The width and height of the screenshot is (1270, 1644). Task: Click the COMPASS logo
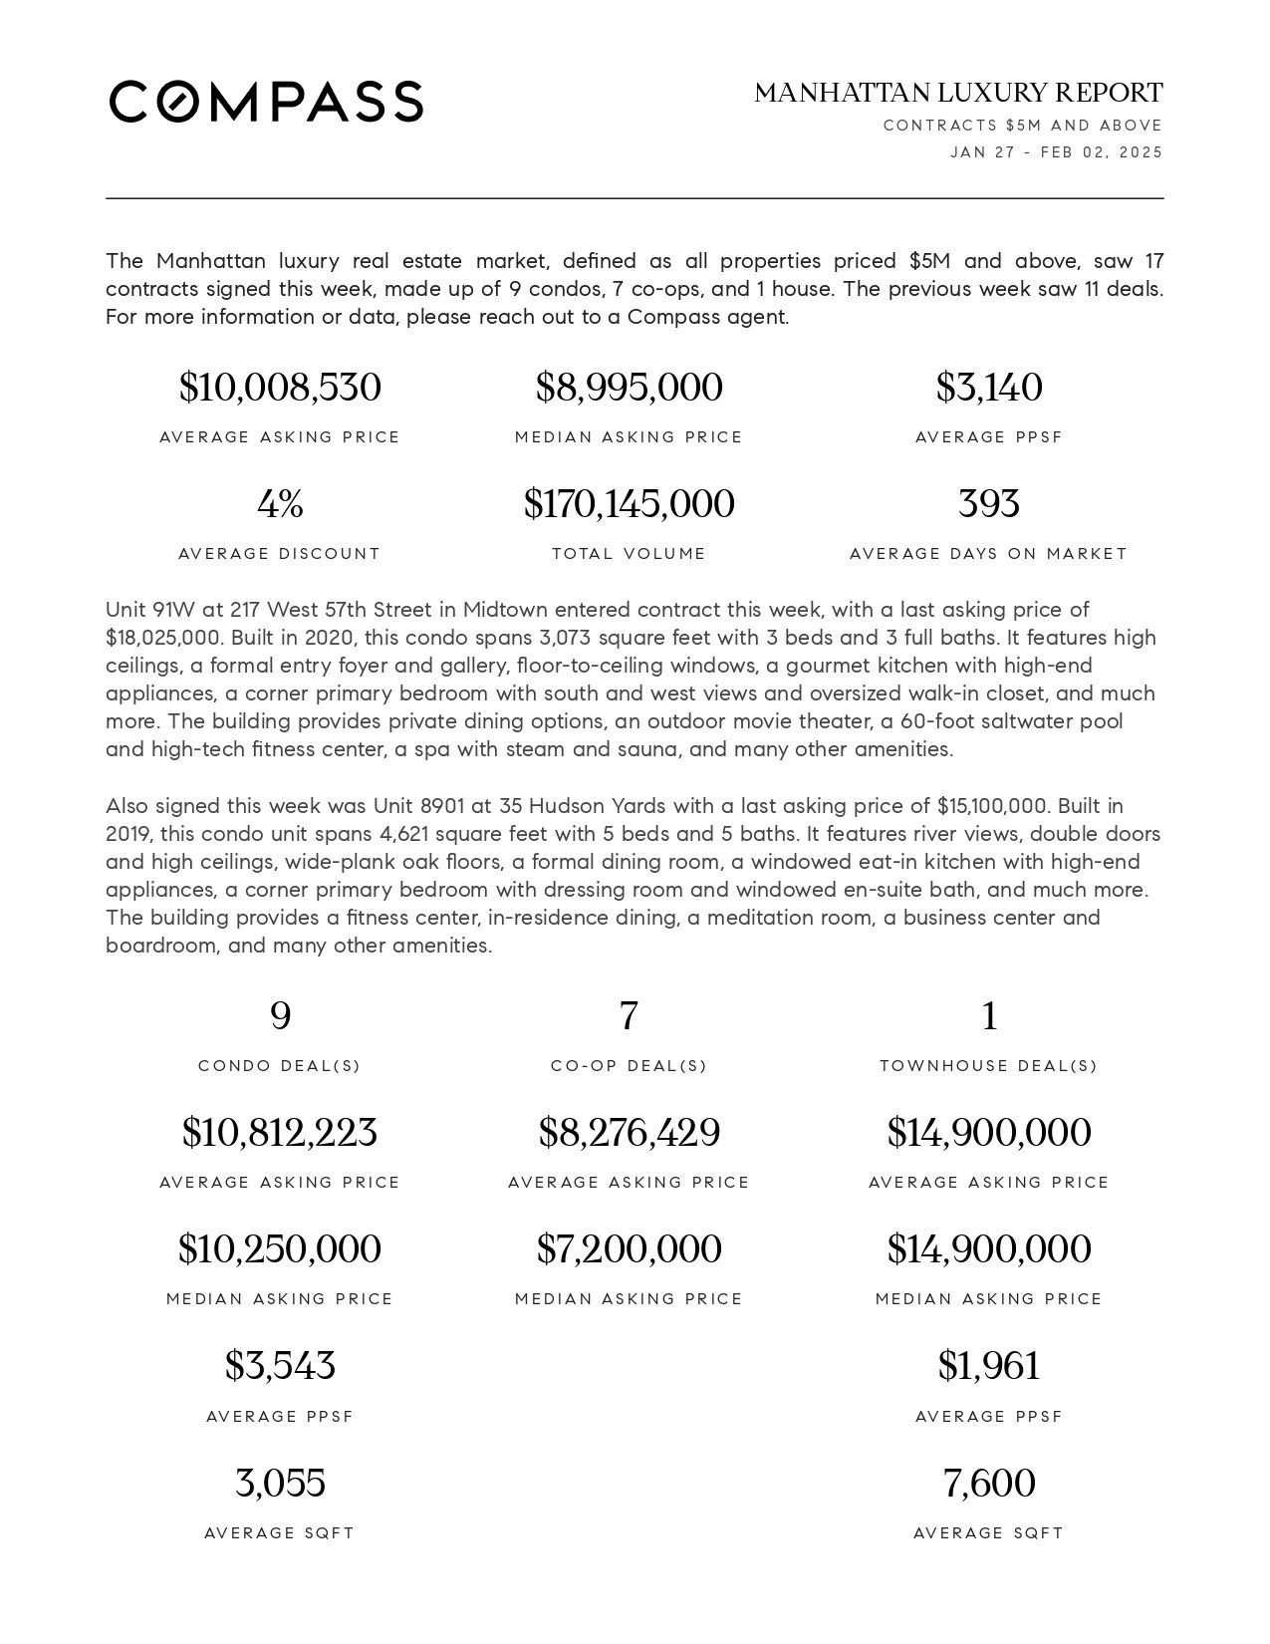266,102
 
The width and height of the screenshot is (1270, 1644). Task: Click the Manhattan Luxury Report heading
958,93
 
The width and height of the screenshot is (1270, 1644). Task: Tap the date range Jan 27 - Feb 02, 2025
1056,152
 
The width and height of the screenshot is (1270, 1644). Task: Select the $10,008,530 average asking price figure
280,388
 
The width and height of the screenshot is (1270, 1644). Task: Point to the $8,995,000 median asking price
629,388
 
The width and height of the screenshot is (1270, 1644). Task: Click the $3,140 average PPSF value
988,388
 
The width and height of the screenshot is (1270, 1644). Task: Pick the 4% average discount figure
280,504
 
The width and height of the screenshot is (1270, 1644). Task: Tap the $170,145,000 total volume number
629,504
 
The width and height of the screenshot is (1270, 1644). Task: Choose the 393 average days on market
988,504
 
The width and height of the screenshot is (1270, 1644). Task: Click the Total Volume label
629,554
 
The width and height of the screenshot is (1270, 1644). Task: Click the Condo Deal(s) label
280,1066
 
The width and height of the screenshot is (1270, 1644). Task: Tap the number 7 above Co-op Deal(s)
629,1016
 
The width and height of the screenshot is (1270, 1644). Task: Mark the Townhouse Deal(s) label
988,1066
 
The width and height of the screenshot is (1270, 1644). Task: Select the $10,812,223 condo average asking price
280,1133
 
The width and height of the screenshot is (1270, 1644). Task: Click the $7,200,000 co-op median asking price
629,1249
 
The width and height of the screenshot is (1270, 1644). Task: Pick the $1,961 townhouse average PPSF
988,1366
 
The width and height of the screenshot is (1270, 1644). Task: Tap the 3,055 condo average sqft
280,1484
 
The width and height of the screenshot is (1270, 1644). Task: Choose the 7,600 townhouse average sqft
988,1484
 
